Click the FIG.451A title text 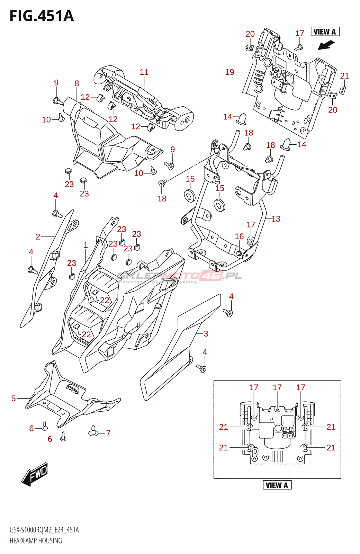(x=42, y=16)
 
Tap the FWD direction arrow (x=35, y=474)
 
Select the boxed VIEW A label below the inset (x=277, y=485)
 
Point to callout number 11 (x=144, y=72)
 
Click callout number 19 (x=229, y=72)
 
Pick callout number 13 (x=276, y=219)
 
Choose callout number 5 (x=13, y=398)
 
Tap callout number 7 (x=108, y=433)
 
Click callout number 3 (x=206, y=334)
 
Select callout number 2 (x=38, y=237)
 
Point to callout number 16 (x=239, y=236)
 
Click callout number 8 (x=77, y=83)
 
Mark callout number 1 (x=86, y=245)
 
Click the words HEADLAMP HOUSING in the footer (x=36, y=541)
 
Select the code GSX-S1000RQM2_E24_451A (x=44, y=530)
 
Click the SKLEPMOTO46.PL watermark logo (x=180, y=276)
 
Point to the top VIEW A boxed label (x=325, y=32)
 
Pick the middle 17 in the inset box (x=277, y=387)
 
